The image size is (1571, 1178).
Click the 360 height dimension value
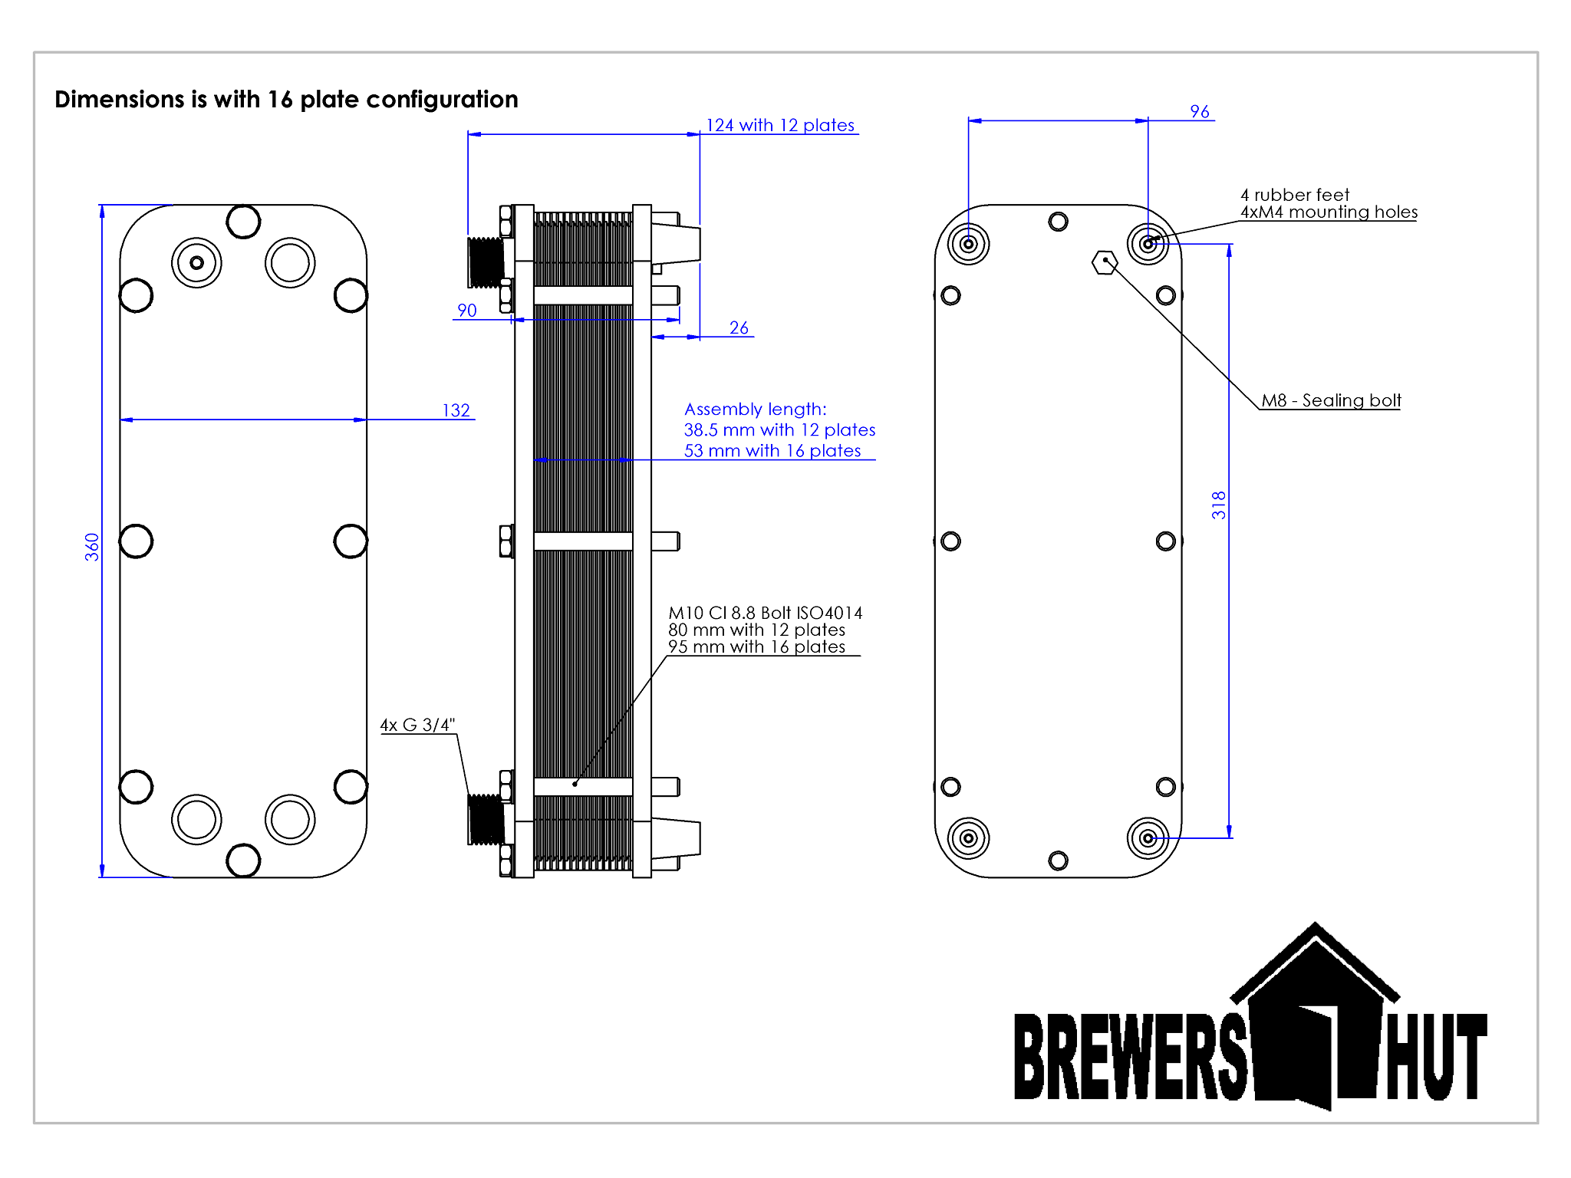point(92,547)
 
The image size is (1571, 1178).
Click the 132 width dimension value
point(456,410)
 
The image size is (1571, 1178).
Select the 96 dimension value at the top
point(1200,111)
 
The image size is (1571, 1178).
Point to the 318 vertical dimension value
point(1218,505)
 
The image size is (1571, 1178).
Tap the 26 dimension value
point(739,327)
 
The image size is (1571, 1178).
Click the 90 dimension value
point(466,310)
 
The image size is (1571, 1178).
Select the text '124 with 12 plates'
point(779,125)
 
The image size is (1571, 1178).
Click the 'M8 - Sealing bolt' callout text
point(1331,400)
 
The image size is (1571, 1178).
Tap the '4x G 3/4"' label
point(417,725)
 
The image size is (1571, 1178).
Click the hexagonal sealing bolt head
point(1105,262)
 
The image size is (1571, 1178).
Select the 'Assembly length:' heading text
point(755,409)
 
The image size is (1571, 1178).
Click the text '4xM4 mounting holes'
point(1329,212)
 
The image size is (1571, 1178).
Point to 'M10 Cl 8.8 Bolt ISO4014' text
point(765,613)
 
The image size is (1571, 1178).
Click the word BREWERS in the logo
point(1129,1056)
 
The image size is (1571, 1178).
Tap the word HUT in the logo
point(1436,1056)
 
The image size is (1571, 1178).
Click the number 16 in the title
point(280,100)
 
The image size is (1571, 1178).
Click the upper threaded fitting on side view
point(486,262)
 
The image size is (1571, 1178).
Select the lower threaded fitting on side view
point(486,819)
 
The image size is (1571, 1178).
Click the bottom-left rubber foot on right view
point(968,838)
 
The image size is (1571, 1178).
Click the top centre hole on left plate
point(243,222)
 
